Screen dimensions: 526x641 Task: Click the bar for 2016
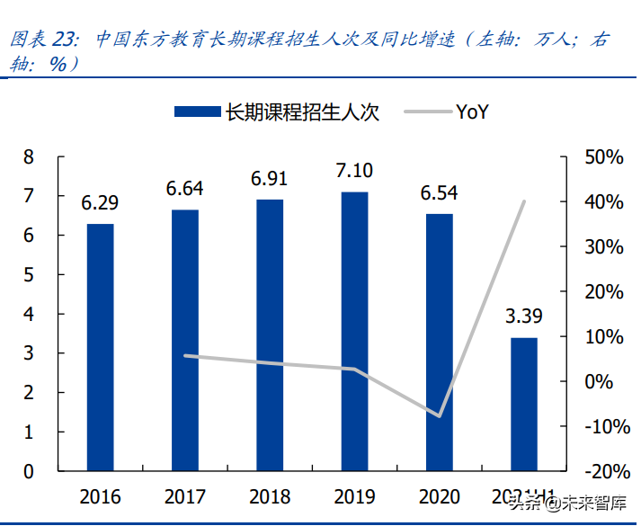point(100,346)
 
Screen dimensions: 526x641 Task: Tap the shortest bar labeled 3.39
point(524,404)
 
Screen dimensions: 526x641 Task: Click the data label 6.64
point(184,189)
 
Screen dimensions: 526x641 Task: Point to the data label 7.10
point(354,170)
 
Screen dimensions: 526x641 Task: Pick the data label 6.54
point(439,192)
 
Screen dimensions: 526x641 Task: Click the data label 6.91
point(270,179)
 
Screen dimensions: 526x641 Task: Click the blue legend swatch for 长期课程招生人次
point(196,111)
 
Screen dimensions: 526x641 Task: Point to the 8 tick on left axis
point(29,157)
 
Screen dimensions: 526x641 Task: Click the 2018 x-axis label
point(270,496)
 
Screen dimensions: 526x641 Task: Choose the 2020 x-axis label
point(439,496)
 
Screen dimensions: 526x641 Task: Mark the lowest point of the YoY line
point(440,416)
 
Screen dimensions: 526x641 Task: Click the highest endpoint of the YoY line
point(524,201)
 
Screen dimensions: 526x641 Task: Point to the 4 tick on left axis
point(29,315)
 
